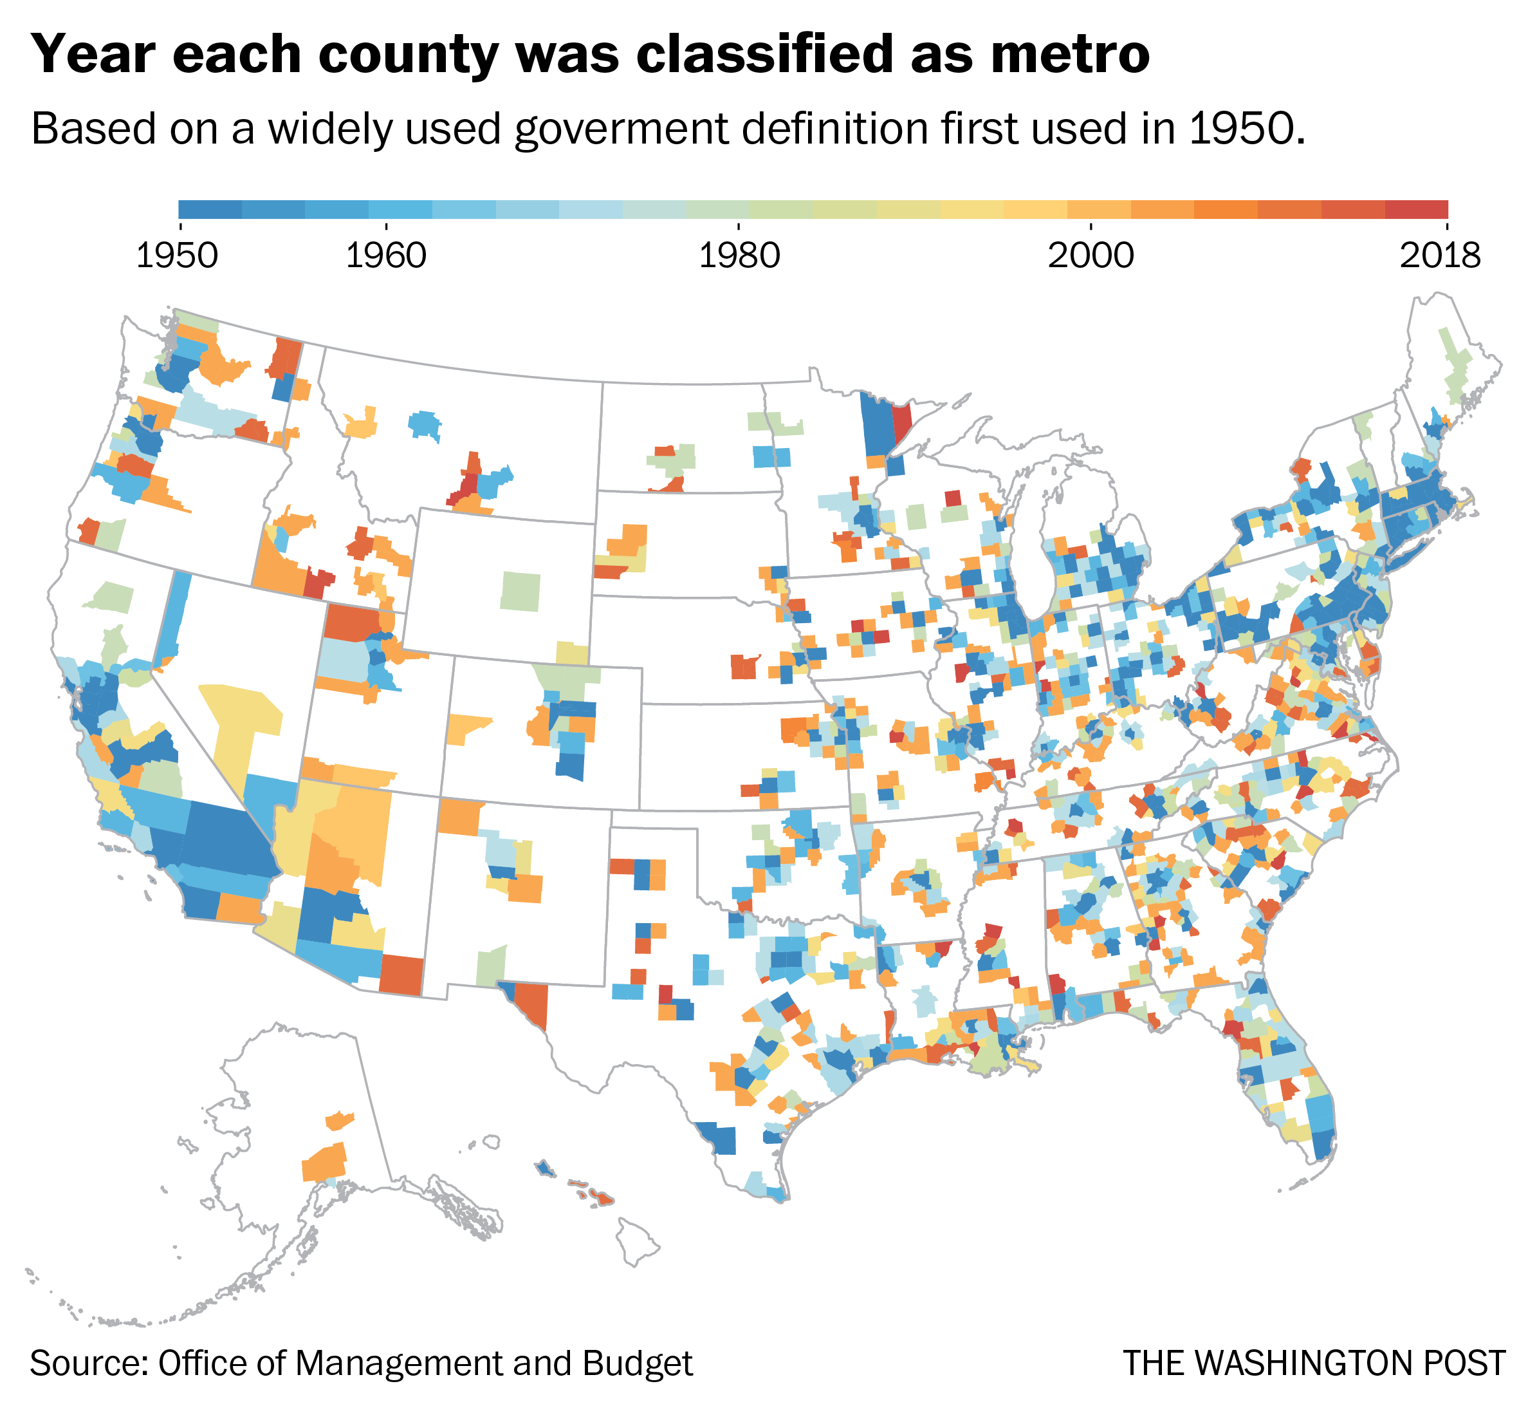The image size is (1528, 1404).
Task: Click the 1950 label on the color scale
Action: pos(177,256)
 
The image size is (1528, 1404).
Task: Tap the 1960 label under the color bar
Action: pos(386,256)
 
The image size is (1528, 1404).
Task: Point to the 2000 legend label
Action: pos(1091,256)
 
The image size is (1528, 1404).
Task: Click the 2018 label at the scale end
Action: pos(1440,256)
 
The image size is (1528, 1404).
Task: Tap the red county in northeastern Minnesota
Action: pos(901,425)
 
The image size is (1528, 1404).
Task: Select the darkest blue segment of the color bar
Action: pos(210,210)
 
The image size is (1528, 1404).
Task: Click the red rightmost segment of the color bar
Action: pos(1416,210)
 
